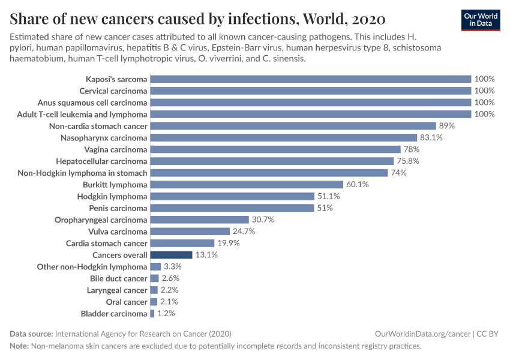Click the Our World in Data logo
click(x=481, y=20)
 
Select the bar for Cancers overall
click(x=171, y=255)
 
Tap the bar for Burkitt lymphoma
click(x=247, y=185)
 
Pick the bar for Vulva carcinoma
click(x=190, y=232)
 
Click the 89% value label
click(x=447, y=126)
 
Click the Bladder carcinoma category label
click(x=114, y=314)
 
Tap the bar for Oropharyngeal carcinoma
click(x=199, y=220)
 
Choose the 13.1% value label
click(x=206, y=255)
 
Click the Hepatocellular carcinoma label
click(x=101, y=161)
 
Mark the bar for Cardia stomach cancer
click(x=182, y=243)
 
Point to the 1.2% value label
click(x=166, y=314)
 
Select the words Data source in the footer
click(x=31, y=334)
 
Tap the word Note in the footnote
click(x=19, y=346)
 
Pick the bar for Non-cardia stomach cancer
click(x=293, y=126)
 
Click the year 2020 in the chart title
click(x=365, y=17)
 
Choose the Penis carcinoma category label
click(x=118, y=208)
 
